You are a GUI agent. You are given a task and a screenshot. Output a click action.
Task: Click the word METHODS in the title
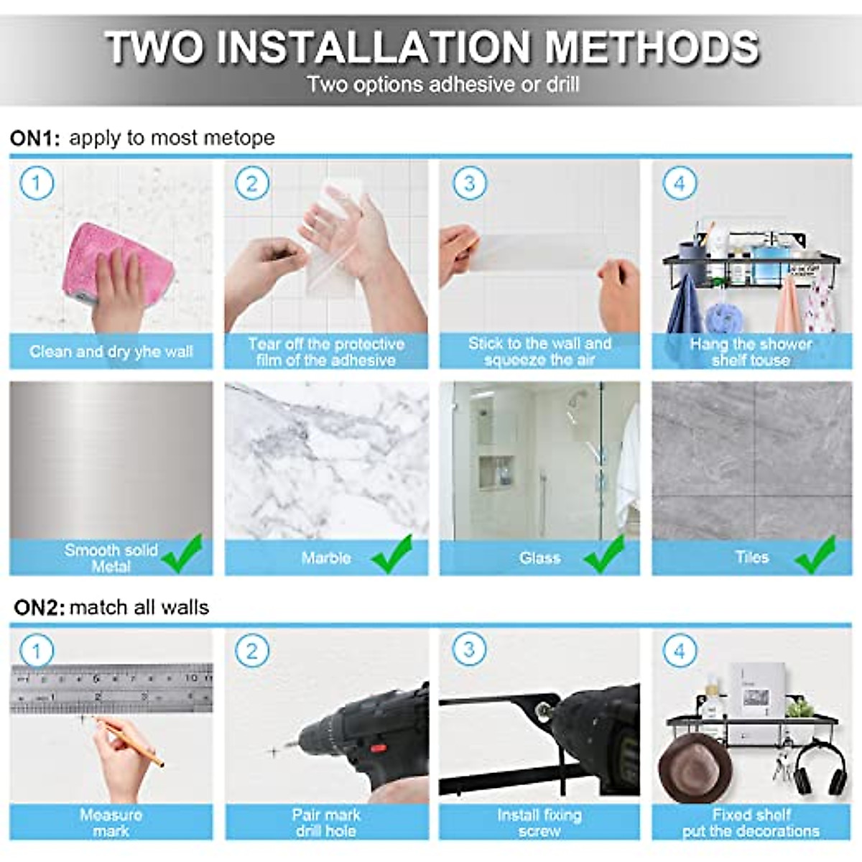tap(652, 47)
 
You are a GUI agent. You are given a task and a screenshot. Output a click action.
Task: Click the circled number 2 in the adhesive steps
tap(251, 183)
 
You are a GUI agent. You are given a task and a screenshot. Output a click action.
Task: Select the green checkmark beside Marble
tap(392, 555)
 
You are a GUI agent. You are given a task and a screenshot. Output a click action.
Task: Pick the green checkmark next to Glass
tap(604, 555)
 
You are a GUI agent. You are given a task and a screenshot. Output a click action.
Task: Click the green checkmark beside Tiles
tap(816, 555)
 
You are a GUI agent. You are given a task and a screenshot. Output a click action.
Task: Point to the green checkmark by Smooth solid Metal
tap(182, 555)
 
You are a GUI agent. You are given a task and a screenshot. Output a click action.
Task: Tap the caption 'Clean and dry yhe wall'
tap(111, 351)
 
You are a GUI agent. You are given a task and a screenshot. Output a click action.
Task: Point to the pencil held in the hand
tap(129, 740)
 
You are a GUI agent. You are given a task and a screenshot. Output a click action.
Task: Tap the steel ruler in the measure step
tap(111, 687)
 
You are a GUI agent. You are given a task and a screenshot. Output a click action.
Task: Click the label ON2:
tap(39, 608)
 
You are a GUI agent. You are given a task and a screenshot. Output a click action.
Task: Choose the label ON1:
tap(35, 138)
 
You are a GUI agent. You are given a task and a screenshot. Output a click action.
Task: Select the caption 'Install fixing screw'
tap(539, 822)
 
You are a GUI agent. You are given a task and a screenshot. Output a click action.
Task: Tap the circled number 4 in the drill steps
tap(680, 652)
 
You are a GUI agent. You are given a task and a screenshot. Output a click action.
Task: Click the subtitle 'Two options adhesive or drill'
tap(443, 85)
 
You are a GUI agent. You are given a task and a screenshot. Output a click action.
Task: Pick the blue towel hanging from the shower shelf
tap(685, 305)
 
